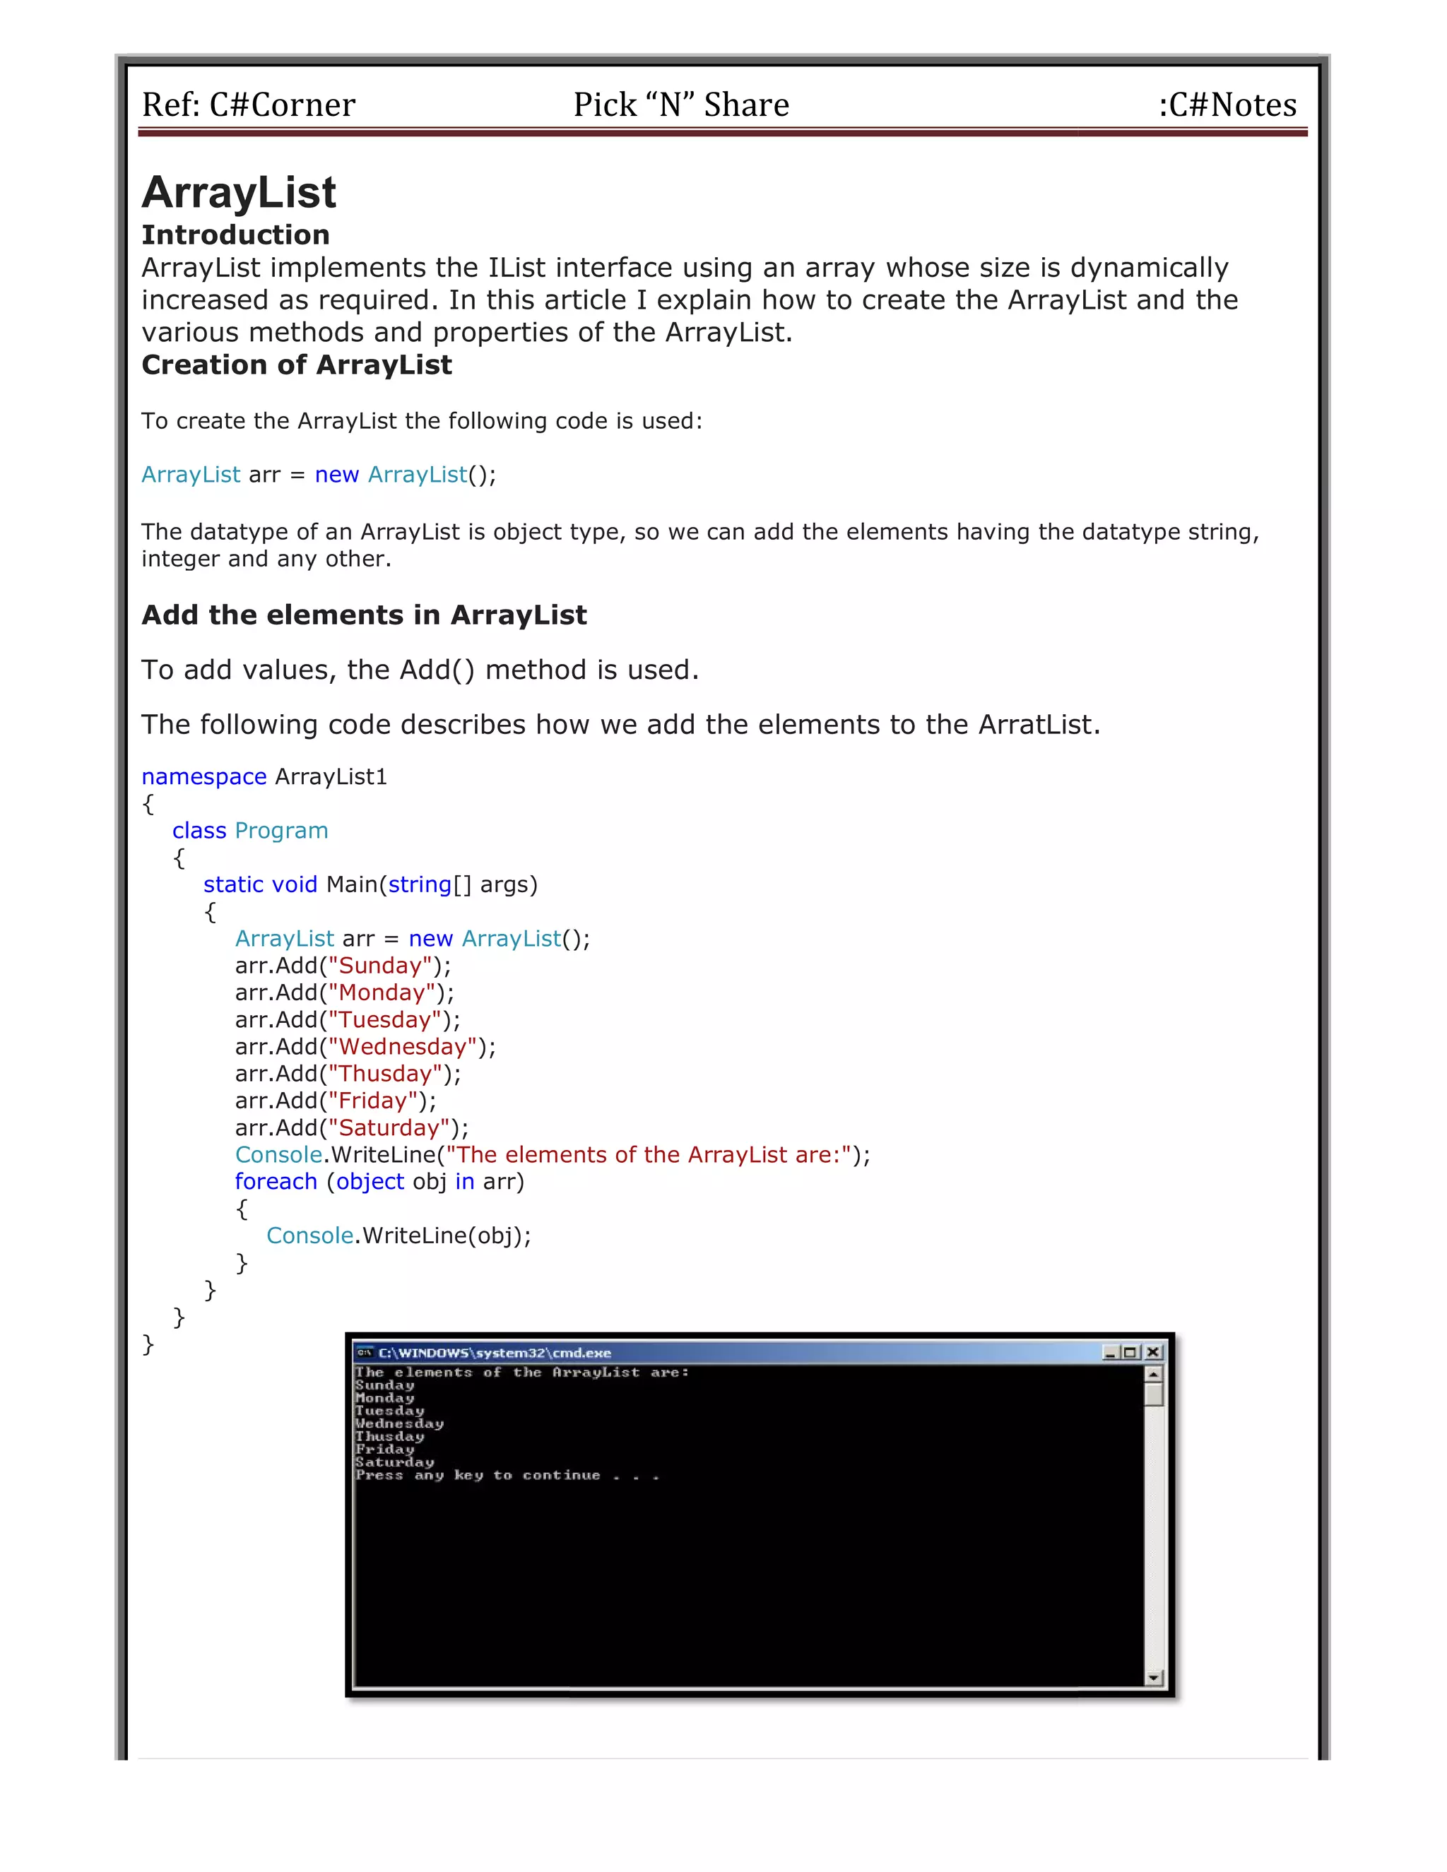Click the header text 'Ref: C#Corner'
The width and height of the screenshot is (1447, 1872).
pos(248,105)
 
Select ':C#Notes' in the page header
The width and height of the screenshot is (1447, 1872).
pos(1227,105)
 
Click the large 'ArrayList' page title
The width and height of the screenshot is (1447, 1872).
pos(240,192)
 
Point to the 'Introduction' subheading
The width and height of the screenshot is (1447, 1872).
pos(236,235)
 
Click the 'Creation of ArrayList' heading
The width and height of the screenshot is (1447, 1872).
pos(297,365)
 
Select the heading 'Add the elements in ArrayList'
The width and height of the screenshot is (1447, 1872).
pos(365,615)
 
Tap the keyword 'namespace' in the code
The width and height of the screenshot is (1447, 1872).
pos(204,776)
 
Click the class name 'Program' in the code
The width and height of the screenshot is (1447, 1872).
pos(281,831)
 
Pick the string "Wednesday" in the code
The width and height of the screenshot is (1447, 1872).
pos(403,1047)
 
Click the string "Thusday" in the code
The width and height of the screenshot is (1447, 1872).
pos(385,1074)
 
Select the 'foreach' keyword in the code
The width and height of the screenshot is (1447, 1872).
pos(276,1182)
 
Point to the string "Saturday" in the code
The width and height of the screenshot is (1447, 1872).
pos(389,1128)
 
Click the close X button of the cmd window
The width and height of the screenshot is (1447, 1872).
pos(1153,1353)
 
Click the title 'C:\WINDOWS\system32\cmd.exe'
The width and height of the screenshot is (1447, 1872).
pos(495,1353)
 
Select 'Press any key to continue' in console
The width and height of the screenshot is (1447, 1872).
pos(478,1475)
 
